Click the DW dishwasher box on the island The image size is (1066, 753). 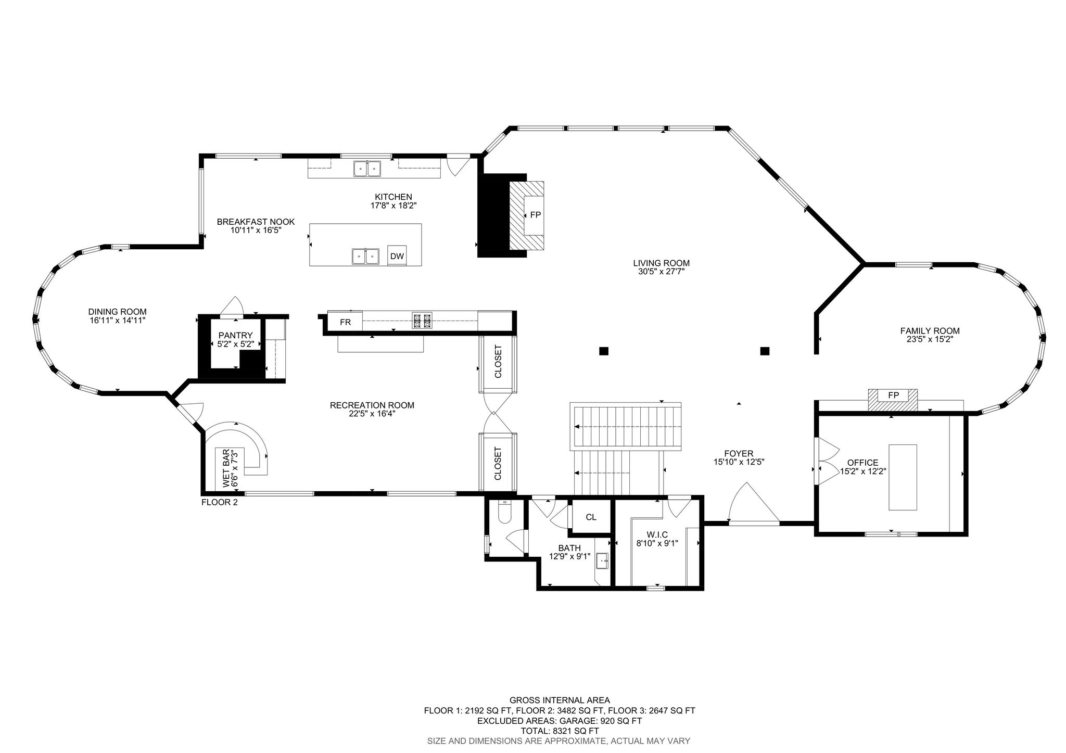(x=397, y=256)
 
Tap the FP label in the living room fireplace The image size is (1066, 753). (x=535, y=215)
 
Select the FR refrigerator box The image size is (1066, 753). (x=345, y=322)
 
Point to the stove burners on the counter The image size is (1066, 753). (x=422, y=321)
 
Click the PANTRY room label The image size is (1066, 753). (x=235, y=336)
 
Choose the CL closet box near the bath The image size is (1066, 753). (x=591, y=517)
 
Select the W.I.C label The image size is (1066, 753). (x=657, y=534)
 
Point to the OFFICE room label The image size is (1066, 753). (x=862, y=463)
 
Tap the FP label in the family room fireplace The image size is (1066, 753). (x=893, y=395)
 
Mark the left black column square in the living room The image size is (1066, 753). (x=603, y=351)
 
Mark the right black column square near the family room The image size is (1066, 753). (x=765, y=351)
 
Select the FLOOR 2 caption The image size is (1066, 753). (x=219, y=502)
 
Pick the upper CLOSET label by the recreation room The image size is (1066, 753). (x=498, y=362)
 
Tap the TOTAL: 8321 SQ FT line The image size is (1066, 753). (x=560, y=731)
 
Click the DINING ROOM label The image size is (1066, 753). (x=117, y=312)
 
